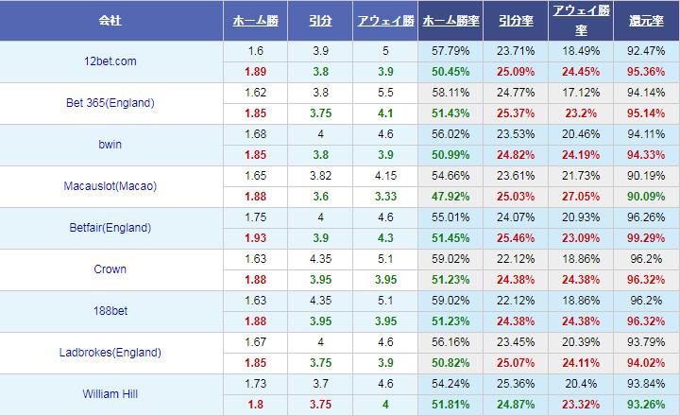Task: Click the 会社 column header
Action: point(110,20)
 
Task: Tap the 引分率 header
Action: point(514,20)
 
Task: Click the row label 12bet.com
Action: point(110,61)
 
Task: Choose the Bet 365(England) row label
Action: point(110,103)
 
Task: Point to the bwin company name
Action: point(110,145)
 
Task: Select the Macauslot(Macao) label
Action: point(110,186)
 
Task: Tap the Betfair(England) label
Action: point(110,228)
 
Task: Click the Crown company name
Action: point(110,269)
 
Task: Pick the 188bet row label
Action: point(110,311)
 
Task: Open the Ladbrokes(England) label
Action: point(110,353)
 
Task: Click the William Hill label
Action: point(110,394)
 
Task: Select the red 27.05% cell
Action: point(577,197)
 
